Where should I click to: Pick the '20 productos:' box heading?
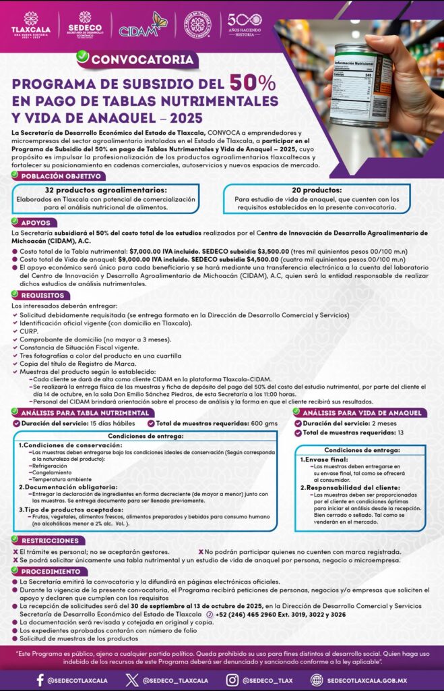click(x=317, y=190)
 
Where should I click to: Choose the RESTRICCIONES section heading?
click(x=49, y=541)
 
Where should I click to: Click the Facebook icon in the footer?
click(x=40, y=680)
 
